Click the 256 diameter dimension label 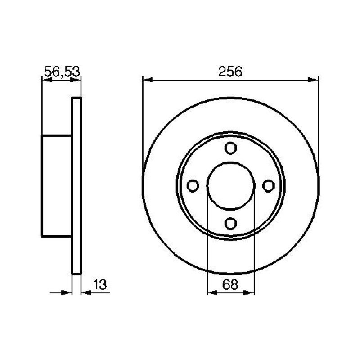pyautogui.click(x=230, y=72)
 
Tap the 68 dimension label pyautogui.click(x=230, y=285)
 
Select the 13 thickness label pyautogui.click(x=100, y=285)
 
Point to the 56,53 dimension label pyautogui.click(x=62, y=72)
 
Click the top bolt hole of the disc pyautogui.click(x=230, y=148)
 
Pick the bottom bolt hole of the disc pyautogui.click(x=230, y=224)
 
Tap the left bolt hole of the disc pyautogui.click(x=193, y=186)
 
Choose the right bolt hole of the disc pyautogui.click(x=268, y=186)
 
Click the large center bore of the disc pyautogui.click(x=231, y=186)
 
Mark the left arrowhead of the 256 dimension pyautogui.click(x=148, y=80)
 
